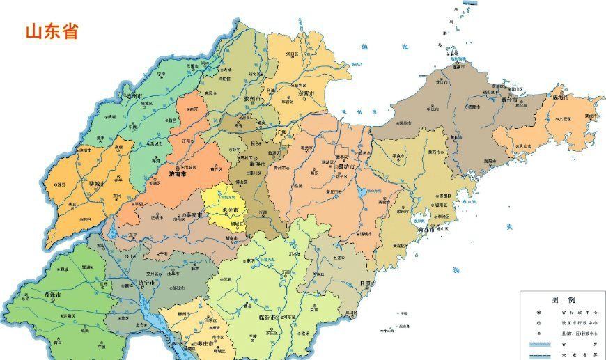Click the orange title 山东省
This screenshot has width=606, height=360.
point(52,31)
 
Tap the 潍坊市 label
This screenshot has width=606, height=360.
point(346,167)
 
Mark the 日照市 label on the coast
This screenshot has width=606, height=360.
point(366,284)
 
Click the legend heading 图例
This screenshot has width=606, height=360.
point(562,299)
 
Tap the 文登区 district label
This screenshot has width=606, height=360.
point(564,119)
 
